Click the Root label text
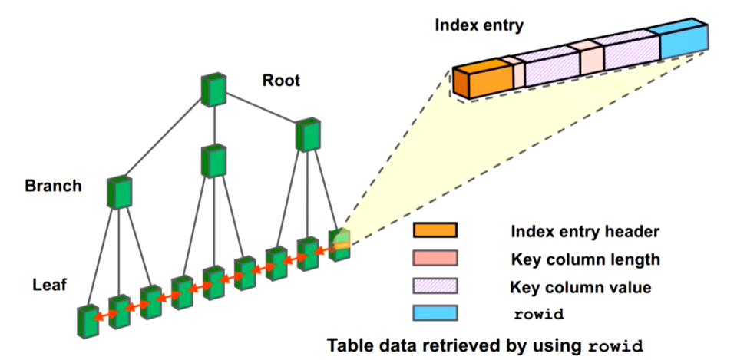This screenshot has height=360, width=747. tap(281, 81)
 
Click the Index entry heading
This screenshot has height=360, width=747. tap(479, 25)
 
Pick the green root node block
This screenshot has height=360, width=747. tap(213, 90)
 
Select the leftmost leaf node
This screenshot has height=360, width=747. tap(87, 319)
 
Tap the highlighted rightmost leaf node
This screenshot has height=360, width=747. tap(339, 245)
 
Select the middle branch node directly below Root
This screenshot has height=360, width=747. tap(213, 160)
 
